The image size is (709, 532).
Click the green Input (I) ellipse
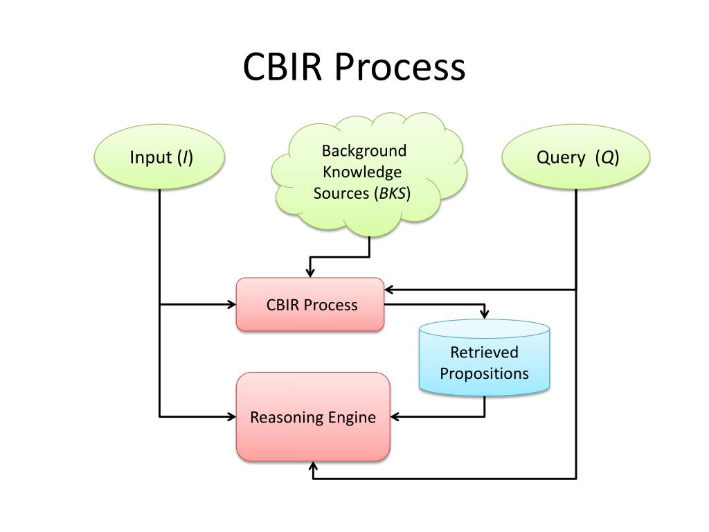point(159,157)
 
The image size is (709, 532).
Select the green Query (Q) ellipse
point(575,157)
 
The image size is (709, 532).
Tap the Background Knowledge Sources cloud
point(368,174)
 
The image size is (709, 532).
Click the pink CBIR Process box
point(310,305)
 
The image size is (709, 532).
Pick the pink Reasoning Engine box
point(313,416)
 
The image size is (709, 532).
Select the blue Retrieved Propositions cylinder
point(484,358)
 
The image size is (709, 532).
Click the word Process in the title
point(400,67)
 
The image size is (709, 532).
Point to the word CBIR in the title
point(282,67)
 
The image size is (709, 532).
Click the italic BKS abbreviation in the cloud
point(393,193)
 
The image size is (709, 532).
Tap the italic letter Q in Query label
point(607,157)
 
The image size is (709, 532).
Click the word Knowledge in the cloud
point(362,172)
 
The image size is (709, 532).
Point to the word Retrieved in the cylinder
point(484,352)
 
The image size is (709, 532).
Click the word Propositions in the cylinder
point(484,373)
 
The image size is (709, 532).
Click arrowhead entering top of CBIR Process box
point(310,272)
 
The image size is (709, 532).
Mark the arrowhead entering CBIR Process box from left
point(231,305)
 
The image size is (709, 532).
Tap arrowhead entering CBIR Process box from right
point(390,290)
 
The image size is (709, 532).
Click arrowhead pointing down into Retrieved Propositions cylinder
point(484,314)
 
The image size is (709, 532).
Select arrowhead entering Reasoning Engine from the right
point(395,416)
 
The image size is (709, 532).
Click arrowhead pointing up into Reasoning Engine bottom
point(313,467)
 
